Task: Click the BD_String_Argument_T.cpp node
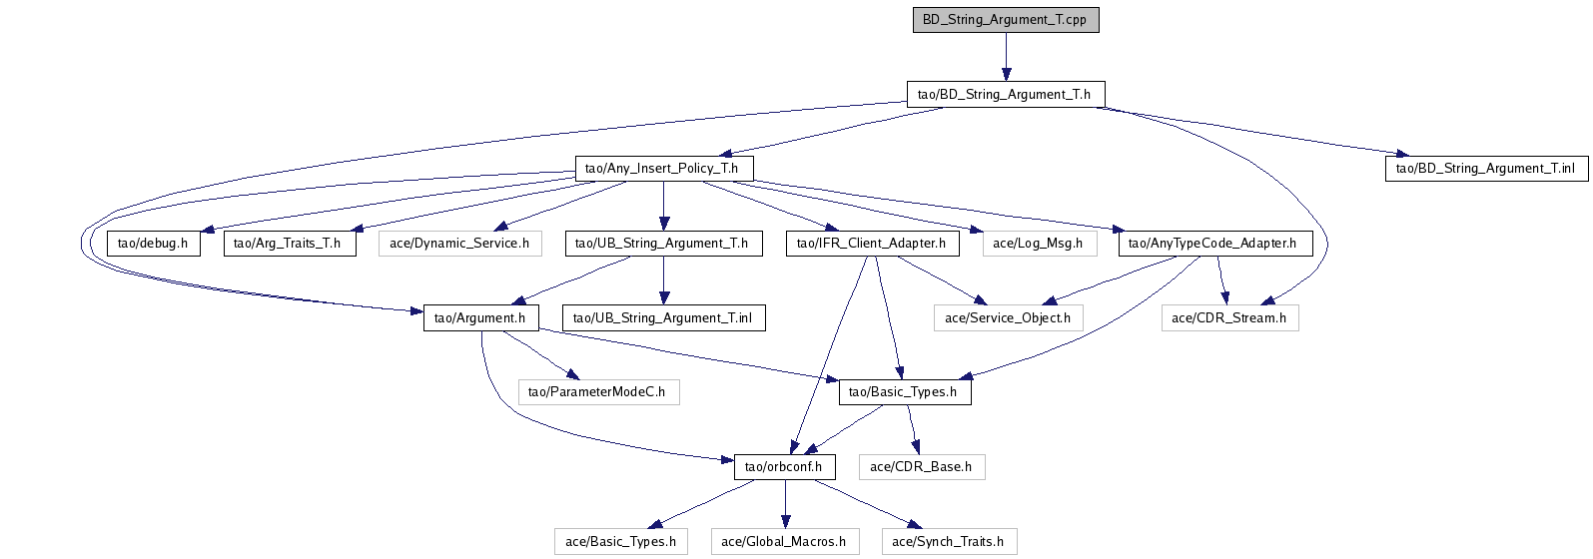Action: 1006,20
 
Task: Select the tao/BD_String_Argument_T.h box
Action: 1006,95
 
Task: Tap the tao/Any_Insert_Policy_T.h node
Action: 663,168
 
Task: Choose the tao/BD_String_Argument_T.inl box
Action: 1487,168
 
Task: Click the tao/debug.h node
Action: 153,243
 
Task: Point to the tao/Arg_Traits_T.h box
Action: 289,243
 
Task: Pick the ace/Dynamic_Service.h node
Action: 459,243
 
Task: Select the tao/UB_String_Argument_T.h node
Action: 663,243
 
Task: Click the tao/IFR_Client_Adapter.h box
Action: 873,243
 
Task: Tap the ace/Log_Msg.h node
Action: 1038,243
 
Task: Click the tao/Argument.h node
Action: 480,317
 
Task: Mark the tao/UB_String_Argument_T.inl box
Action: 663,317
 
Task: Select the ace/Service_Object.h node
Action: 1008,317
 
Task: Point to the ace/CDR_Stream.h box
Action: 1229,317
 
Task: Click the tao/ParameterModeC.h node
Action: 597,391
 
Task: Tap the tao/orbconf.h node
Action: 784,466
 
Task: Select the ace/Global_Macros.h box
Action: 784,541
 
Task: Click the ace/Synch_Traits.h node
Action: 948,541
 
